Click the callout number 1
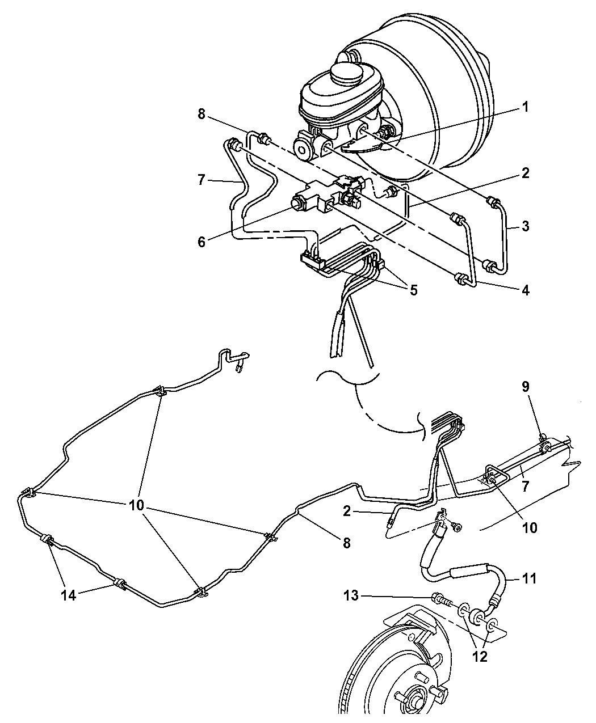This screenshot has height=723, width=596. point(525,106)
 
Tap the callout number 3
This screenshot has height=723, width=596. point(525,227)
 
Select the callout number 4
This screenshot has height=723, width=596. point(525,290)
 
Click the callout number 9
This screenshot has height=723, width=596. point(525,387)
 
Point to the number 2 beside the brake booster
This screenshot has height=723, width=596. point(525,174)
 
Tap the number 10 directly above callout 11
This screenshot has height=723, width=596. point(528,527)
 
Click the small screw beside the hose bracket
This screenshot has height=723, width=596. point(457,528)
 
